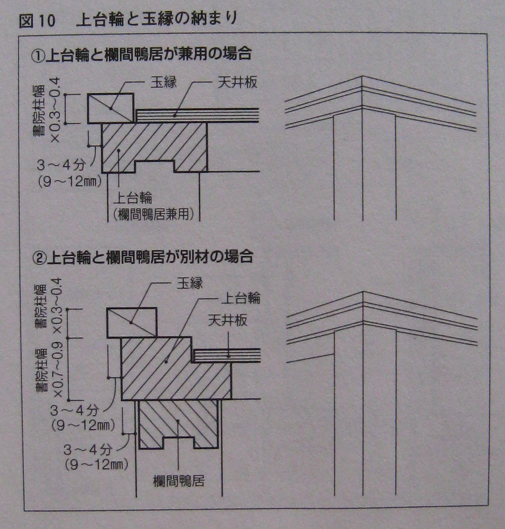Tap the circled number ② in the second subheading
pos(39,257)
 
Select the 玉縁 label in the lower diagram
pos(190,283)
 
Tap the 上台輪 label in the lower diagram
pos(241,298)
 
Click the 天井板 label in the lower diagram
pos(228,320)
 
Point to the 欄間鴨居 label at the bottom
pos(179,481)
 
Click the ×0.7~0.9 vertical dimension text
pos(58,370)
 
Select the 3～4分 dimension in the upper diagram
pos(61,165)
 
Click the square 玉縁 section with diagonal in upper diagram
pos(111,109)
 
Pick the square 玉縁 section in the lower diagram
pos(132,322)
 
